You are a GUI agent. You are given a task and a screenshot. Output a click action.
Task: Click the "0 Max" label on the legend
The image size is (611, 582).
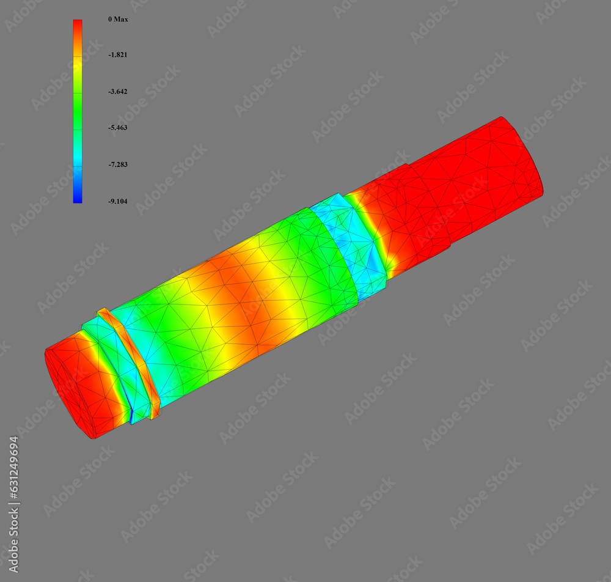tap(118, 20)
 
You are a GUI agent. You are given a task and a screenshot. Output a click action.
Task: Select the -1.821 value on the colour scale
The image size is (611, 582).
tap(117, 55)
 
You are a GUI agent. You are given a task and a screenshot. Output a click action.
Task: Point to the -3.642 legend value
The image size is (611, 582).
tap(117, 92)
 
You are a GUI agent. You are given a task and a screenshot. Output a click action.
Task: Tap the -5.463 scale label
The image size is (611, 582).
tap(117, 128)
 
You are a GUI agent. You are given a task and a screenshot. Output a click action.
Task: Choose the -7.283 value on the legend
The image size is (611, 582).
tap(117, 164)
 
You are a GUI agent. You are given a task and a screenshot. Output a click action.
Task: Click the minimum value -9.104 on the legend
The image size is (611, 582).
tap(117, 201)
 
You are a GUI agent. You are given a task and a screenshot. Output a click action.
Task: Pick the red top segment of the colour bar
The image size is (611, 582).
tap(78, 28)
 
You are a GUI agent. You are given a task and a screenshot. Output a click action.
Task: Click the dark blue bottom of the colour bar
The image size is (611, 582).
tap(78, 197)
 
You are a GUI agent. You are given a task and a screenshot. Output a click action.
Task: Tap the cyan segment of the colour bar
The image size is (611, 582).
tap(78, 160)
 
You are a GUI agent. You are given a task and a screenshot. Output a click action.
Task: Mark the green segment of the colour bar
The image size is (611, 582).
tap(78, 113)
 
